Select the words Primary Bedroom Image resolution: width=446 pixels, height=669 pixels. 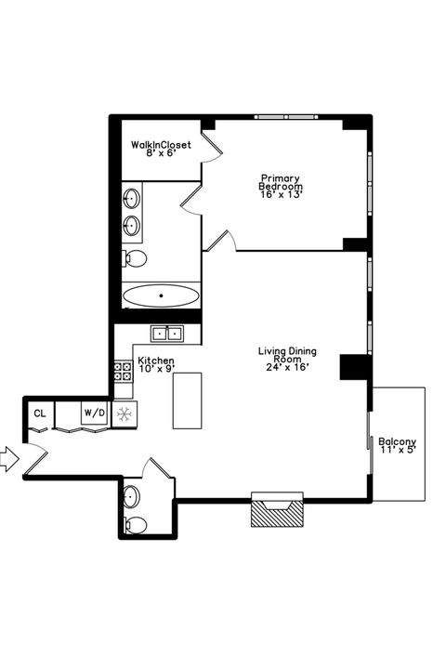click(x=281, y=181)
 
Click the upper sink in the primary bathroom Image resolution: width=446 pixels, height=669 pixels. click(x=133, y=198)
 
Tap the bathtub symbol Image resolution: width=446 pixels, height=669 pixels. click(x=161, y=296)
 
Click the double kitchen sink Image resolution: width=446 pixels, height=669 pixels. click(x=168, y=333)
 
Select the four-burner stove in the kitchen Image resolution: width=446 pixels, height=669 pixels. click(x=123, y=372)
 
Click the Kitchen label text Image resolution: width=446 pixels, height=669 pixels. click(x=156, y=360)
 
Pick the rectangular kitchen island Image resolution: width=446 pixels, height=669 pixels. click(x=187, y=400)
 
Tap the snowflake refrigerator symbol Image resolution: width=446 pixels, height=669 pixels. click(x=124, y=413)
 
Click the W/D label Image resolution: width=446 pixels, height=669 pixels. click(x=94, y=412)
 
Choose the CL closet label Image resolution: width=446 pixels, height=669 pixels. click(x=40, y=413)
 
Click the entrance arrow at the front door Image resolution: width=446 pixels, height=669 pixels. click(x=7, y=457)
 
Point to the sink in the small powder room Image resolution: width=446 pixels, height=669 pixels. click(x=132, y=493)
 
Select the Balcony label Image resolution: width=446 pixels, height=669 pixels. click(x=397, y=441)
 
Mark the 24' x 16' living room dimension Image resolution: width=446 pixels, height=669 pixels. click(x=287, y=366)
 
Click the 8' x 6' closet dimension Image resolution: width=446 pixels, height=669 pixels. click(x=161, y=153)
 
